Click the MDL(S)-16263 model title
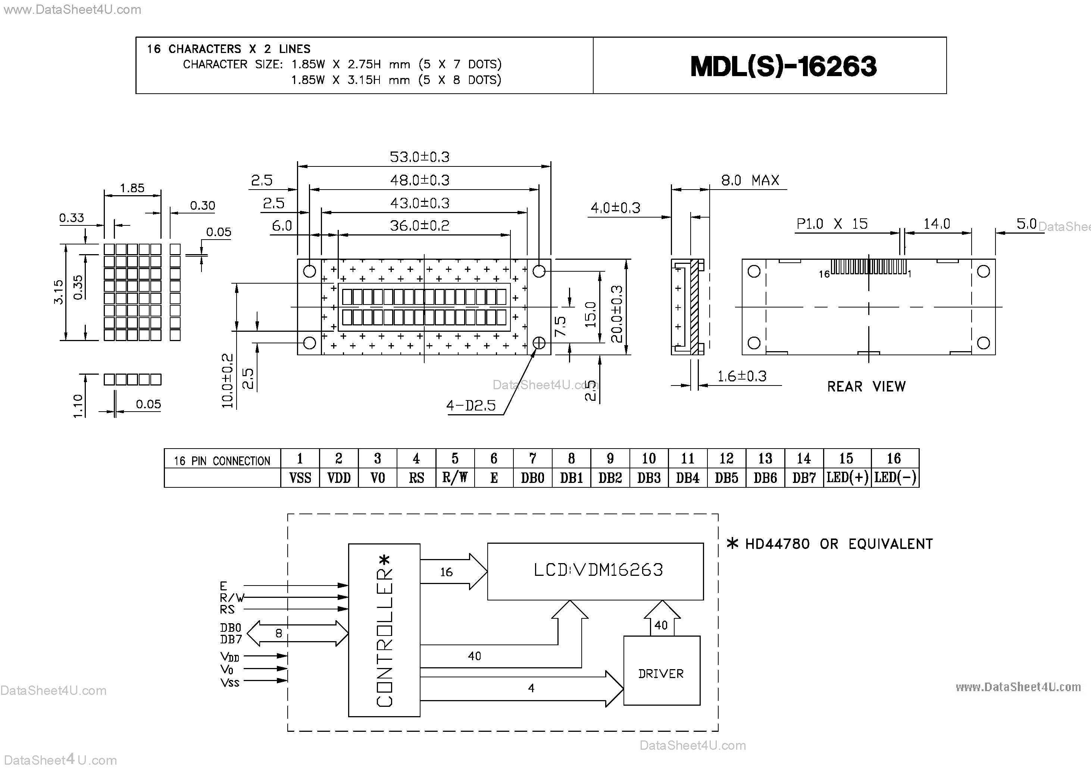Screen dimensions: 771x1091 [x=783, y=66]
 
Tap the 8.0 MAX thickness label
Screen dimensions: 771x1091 [x=750, y=181]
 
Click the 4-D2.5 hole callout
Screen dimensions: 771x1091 [x=471, y=405]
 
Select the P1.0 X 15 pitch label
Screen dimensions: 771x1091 [x=832, y=224]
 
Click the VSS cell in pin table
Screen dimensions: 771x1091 [x=300, y=478]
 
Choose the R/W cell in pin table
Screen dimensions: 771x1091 [x=455, y=478]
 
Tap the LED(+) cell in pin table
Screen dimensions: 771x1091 [x=847, y=478]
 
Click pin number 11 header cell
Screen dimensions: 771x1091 [x=687, y=459]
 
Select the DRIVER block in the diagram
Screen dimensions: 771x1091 [x=661, y=673]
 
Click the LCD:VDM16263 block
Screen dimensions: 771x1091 [x=598, y=570]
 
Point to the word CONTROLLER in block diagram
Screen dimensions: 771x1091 [x=384, y=637]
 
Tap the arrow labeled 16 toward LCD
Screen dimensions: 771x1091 [x=453, y=572]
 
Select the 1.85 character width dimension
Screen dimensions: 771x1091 [x=132, y=188]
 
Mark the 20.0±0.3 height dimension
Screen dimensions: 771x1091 [x=616, y=314]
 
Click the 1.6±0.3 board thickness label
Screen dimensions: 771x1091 [x=741, y=377]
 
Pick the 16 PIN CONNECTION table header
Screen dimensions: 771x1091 [x=222, y=461]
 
